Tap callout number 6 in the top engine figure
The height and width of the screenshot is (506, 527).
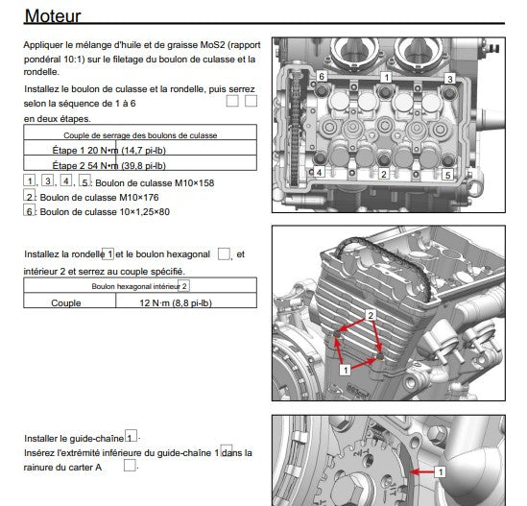(323, 75)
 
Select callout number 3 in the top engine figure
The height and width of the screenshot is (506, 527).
(448, 78)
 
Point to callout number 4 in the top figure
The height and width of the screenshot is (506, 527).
(319, 173)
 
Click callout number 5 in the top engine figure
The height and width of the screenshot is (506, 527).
(447, 176)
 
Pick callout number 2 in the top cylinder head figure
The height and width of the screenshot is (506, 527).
(383, 175)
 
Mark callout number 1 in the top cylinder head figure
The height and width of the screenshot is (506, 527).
(386, 76)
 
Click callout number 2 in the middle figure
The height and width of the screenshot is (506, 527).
(370, 314)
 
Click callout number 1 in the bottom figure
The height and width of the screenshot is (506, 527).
(440, 472)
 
